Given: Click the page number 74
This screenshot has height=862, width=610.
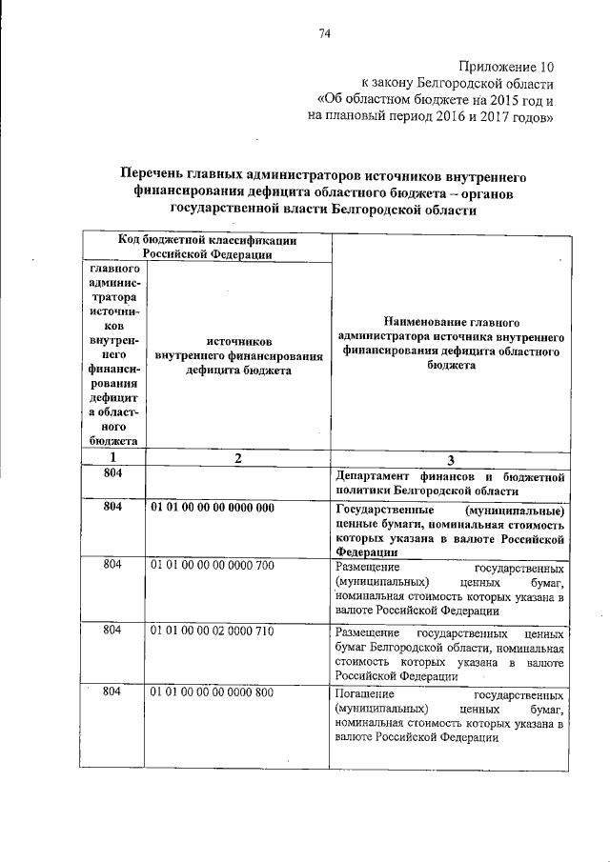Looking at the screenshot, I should [323, 34].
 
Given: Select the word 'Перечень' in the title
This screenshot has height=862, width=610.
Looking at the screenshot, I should [152, 176].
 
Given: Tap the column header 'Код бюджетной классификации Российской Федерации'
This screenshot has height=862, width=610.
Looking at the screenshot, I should [207, 248].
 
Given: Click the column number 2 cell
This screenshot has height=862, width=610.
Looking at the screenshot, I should [237, 457].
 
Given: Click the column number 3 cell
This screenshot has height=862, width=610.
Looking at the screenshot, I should [451, 458].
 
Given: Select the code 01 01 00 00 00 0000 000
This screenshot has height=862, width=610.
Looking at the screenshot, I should [212, 508].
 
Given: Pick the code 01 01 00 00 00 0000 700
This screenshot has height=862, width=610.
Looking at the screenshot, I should [212, 565].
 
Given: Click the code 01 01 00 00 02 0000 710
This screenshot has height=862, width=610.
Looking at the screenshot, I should [212, 630].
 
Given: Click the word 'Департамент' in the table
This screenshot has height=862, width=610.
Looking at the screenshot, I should [374, 475].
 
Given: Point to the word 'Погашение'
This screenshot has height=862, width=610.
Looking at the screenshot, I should [365, 696].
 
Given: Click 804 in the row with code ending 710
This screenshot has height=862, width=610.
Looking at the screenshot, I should [112, 630].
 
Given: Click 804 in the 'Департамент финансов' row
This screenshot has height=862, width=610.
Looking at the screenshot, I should [112, 473].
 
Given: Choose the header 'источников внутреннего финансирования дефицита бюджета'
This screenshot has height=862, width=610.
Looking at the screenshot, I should [237, 355].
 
